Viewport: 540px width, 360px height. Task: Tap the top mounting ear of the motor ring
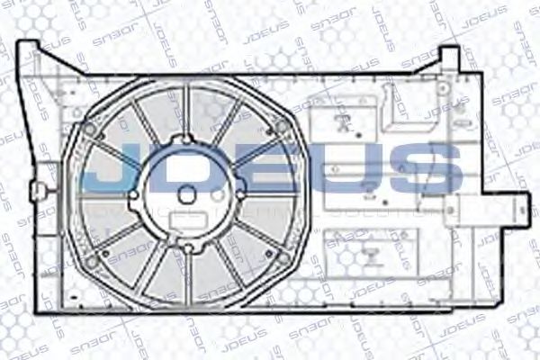point(185,139)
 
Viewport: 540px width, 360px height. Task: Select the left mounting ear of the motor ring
point(133,194)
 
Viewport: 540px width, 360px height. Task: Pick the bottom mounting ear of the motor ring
point(186,246)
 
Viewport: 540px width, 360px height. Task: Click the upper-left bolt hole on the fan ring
point(89,129)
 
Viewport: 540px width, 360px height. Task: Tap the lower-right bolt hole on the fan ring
point(283,258)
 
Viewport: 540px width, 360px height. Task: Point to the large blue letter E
point(274,171)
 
